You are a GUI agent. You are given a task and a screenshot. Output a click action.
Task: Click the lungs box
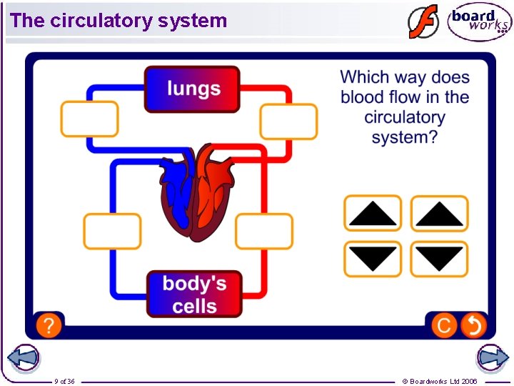pyautogui.click(x=192, y=89)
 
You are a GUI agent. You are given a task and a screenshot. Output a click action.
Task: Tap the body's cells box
pyautogui.click(x=194, y=294)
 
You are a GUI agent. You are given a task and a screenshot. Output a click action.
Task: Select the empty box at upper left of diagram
pyautogui.click(x=89, y=119)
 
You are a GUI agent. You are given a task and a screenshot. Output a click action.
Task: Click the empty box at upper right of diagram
pyautogui.click(x=288, y=121)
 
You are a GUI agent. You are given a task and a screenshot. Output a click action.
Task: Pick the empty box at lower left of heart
pyautogui.click(x=112, y=231)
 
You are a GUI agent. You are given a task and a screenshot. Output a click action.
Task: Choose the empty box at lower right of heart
pyautogui.click(x=264, y=232)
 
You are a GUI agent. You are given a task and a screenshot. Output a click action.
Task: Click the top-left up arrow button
pyautogui.click(x=373, y=214)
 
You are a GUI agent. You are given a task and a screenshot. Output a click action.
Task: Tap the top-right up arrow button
pyautogui.click(x=439, y=214)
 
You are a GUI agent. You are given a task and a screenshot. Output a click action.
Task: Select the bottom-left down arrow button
pyautogui.click(x=373, y=259)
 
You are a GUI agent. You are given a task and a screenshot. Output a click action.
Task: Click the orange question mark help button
pyautogui.click(x=48, y=326)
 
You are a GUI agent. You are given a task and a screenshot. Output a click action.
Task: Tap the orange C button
pyautogui.click(x=443, y=326)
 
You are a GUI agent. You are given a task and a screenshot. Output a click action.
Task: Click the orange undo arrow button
pyautogui.click(x=473, y=326)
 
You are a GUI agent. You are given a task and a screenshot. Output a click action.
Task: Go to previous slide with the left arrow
pyautogui.click(x=23, y=357)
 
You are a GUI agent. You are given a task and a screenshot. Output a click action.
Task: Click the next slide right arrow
pyautogui.click(x=493, y=357)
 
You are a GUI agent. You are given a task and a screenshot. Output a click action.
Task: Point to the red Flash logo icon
pyautogui.click(x=423, y=21)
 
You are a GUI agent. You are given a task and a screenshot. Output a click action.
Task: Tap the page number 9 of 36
pyautogui.click(x=64, y=381)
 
